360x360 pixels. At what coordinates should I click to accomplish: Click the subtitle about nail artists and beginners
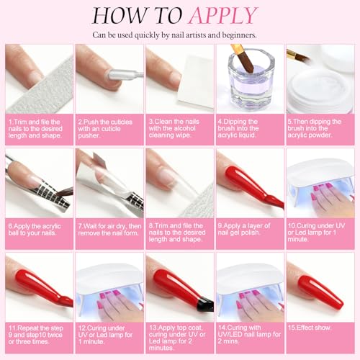pyautogui.click(x=180, y=35)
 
